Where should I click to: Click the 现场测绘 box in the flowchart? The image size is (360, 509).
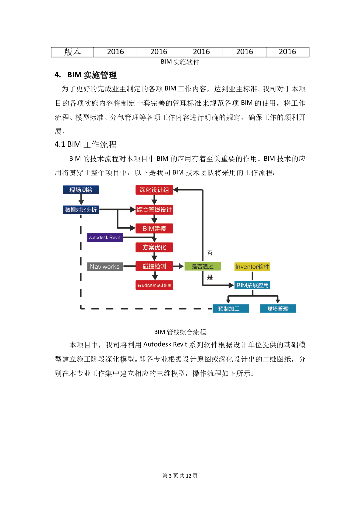tap(81, 189)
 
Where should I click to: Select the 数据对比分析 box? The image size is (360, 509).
tap(81, 210)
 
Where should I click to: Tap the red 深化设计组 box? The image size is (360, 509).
tap(154, 189)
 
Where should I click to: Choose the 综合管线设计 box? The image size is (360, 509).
tap(154, 210)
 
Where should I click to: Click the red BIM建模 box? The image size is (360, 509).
tap(154, 228)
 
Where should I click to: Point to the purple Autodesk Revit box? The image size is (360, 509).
tap(104, 237)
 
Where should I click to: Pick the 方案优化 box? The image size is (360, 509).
tap(154, 247)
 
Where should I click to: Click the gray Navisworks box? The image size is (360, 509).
tap(104, 266)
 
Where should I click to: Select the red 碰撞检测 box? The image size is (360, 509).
tap(154, 266)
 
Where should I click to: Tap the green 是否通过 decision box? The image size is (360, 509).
tap(203, 266)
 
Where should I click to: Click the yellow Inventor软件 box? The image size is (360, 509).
tap(252, 266)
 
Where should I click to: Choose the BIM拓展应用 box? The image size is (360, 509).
tap(252, 285)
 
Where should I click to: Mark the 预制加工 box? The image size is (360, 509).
tap(229, 309)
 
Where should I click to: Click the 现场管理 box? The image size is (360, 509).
tap(278, 309)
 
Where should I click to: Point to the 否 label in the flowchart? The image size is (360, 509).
tap(209, 253)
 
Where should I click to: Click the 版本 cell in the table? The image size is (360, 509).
tap(72, 52)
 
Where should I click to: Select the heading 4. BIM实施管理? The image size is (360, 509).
tap(86, 75)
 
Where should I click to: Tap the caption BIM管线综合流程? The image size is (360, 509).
tap(180, 331)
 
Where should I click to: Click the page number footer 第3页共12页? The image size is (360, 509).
tap(180, 476)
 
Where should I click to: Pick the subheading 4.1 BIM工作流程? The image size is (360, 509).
tap(86, 145)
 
